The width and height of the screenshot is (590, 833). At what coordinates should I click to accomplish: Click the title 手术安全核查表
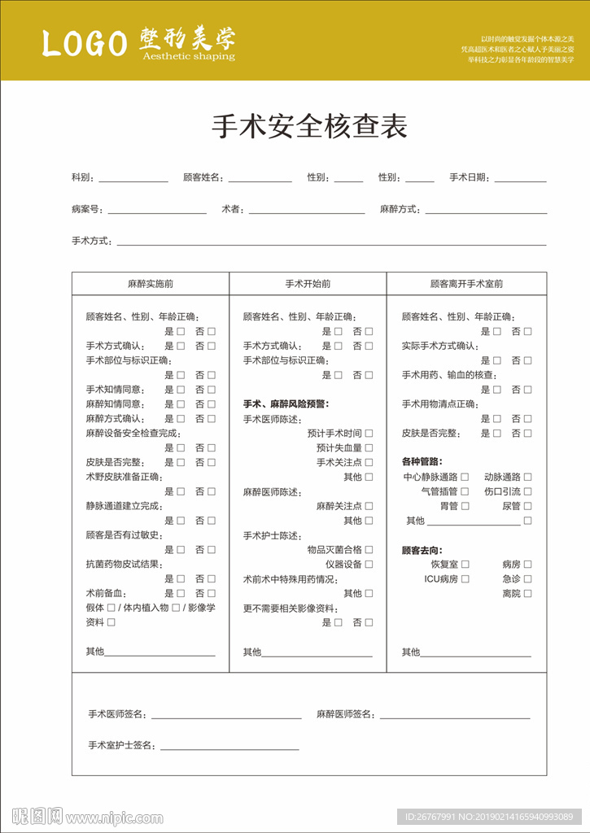click(309, 127)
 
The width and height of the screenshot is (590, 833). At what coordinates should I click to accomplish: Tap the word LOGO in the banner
click(85, 44)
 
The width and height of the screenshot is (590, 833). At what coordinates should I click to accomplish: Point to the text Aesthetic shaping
click(188, 57)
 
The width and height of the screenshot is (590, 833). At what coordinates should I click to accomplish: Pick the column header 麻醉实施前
click(151, 284)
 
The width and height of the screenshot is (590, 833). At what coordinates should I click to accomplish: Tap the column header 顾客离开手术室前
click(466, 284)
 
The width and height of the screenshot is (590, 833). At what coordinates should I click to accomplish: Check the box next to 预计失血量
click(369, 448)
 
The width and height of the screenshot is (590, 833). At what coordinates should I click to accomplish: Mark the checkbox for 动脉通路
click(527, 478)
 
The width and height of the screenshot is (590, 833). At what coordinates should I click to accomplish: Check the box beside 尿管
click(527, 506)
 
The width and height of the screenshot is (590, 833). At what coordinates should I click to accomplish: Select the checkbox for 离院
click(527, 594)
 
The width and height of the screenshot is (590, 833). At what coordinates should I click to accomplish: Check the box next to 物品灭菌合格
click(369, 550)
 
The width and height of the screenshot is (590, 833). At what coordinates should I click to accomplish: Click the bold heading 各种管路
click(422, 461)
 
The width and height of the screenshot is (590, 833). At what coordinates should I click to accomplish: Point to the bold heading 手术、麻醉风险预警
click(285, 403)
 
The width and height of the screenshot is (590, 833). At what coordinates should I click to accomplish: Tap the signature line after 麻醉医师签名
click(454, 715)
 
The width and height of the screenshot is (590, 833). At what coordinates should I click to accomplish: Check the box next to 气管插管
click(465, 491)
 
